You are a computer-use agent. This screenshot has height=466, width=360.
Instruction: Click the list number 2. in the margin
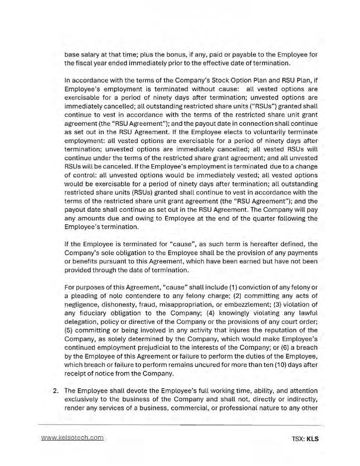56,391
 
